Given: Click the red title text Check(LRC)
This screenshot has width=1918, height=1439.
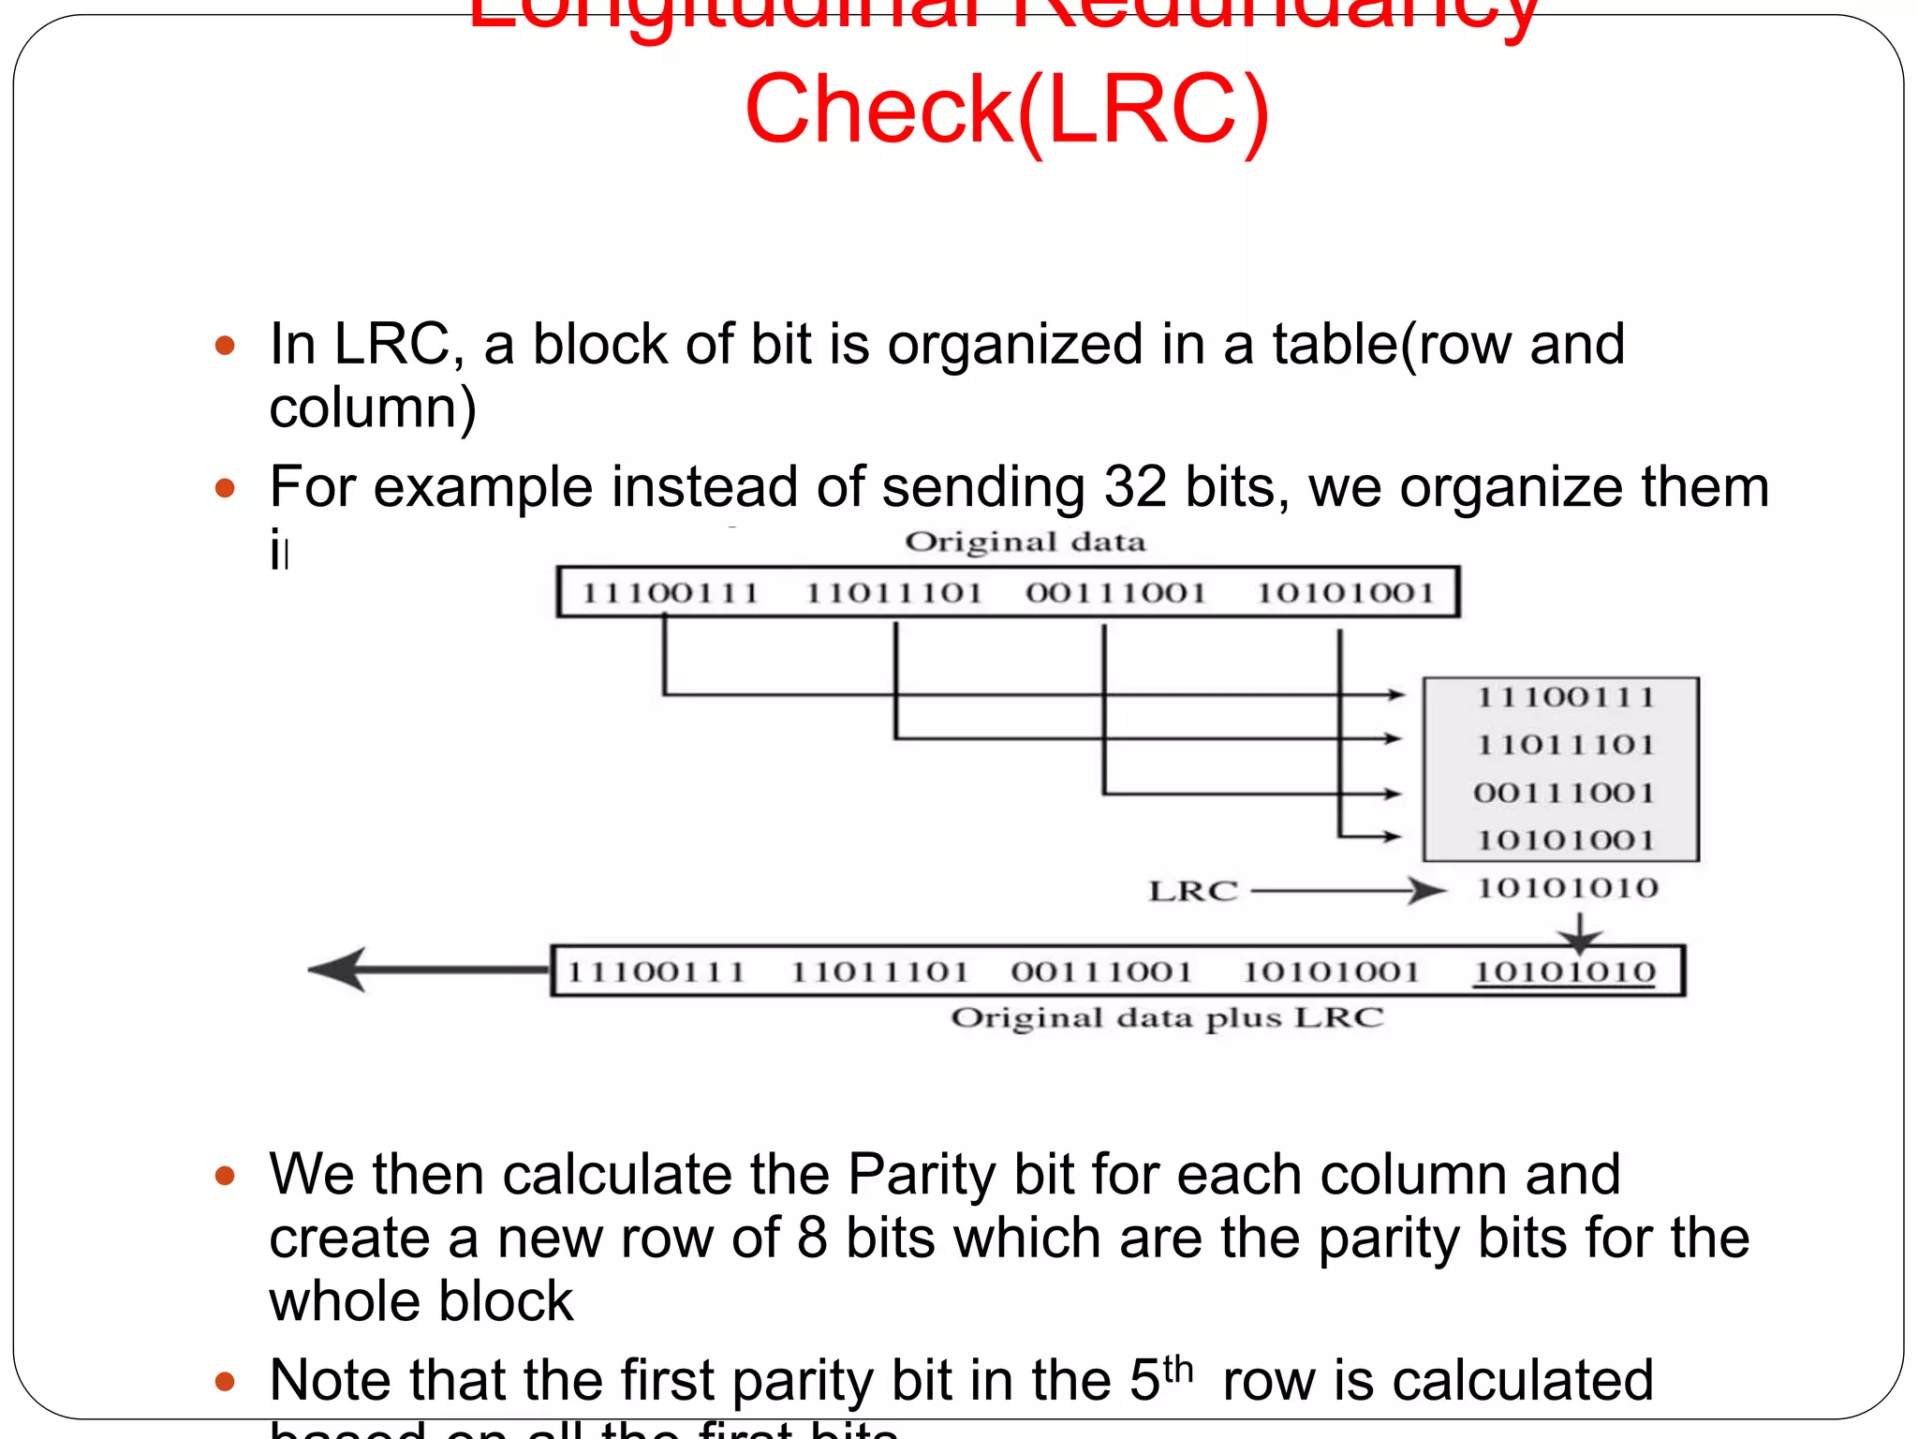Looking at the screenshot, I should point(1007,111).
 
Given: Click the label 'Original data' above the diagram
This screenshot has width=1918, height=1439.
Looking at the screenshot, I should point(1025,542).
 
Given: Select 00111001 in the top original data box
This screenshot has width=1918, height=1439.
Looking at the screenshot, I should point(1115,593).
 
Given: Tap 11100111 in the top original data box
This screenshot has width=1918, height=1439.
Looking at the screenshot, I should point(670,593).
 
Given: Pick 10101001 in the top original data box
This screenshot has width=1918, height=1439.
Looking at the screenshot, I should point(1345,593).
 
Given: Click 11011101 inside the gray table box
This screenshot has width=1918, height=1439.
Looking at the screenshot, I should point(1565,745).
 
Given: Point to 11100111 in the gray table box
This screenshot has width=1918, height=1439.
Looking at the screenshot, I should point(1565,697).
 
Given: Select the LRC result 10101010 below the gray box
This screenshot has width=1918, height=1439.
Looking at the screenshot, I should point(1567,887).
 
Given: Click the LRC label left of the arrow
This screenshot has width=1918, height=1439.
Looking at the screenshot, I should point(1193,891).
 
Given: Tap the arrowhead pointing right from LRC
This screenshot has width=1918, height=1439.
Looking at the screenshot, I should point(1427,890).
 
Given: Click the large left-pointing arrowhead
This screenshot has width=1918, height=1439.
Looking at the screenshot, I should point(339,969).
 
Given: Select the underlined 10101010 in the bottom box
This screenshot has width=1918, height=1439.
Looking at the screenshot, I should point(1565,972).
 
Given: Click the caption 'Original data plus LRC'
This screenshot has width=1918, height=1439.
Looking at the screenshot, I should point(1167,1018).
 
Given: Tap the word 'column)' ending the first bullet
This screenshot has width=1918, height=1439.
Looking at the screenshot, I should point(373,408).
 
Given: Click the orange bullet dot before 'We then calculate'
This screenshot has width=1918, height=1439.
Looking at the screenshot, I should point(225,1175).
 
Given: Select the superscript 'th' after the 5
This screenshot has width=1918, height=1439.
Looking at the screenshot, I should point(1178,1369).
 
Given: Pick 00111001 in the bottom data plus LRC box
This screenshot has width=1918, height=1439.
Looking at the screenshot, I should point(1101,972).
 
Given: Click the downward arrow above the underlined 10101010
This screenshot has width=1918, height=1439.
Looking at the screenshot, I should point(1580,933).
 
